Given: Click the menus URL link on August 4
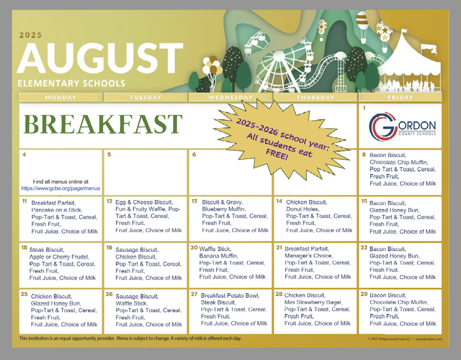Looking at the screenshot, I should [60, 188].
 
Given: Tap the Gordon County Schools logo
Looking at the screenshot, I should [402, 126].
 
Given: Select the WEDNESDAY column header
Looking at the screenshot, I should [231, 97].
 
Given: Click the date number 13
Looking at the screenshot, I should [194, 201].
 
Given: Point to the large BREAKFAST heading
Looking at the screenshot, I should [103, 124].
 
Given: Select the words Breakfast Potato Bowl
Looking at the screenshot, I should [230, 296].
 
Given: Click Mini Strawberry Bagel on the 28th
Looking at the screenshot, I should [313, 302].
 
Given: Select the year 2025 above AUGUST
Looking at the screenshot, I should [31, 35].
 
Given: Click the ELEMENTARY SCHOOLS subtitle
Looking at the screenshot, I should [71, 83].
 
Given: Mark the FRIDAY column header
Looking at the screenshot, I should [400, 97].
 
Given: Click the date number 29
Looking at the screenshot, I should [364, 294].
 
